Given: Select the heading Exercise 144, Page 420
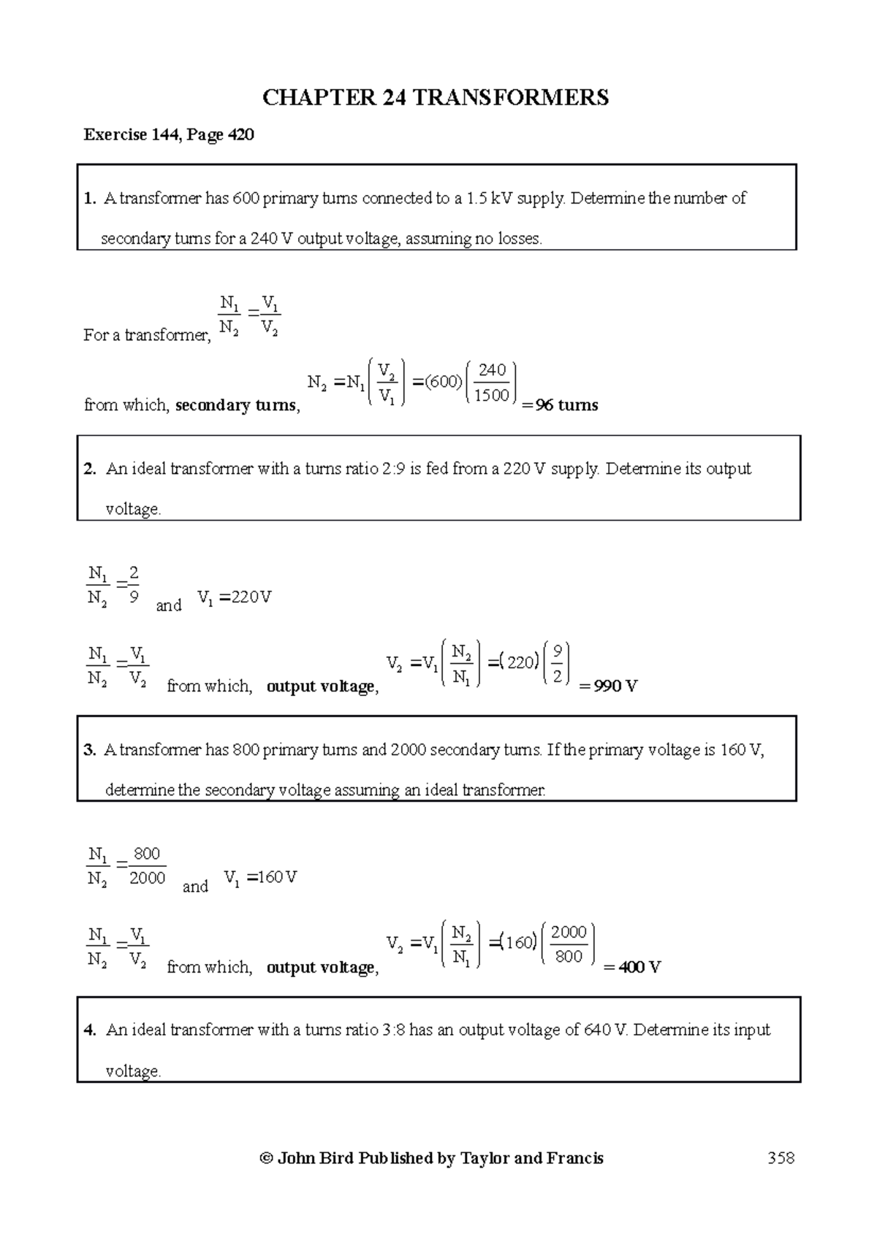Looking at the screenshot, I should [169, 134].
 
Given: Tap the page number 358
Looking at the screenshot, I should [781, 1157].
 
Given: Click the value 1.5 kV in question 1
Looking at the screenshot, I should [489, 199].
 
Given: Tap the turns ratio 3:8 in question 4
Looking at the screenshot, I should [392, 1030].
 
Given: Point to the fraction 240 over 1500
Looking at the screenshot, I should [492, 383].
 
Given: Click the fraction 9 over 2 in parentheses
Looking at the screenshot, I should [558, 664].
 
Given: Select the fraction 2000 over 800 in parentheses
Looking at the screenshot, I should [569, 944].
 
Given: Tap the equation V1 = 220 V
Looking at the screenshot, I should [234, 598].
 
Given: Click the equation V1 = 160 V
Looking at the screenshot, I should [260, 878].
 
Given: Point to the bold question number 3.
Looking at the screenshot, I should [90, 750].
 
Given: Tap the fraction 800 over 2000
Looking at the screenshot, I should [147, 866].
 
